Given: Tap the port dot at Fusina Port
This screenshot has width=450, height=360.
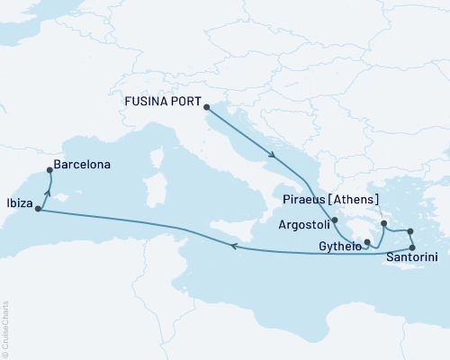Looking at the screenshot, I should click(x=209, y=107).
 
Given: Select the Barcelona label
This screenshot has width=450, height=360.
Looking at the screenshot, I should click(x=82, y=166).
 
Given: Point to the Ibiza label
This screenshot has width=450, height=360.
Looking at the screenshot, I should click(x=19, y=203).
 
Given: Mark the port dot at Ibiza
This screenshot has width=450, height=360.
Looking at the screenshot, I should click(x=38, y=210).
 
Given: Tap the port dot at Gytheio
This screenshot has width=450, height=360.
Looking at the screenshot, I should click(x=367, y=242).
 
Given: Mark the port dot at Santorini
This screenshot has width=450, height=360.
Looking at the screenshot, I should click(x=412, y=247).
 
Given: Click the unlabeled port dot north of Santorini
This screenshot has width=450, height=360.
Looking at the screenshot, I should click(x=410, y=231).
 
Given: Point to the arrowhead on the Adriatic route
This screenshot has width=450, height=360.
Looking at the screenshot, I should click(x=272, y=156).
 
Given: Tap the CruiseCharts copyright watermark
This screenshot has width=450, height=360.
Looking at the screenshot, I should click(x=5, y=326).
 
